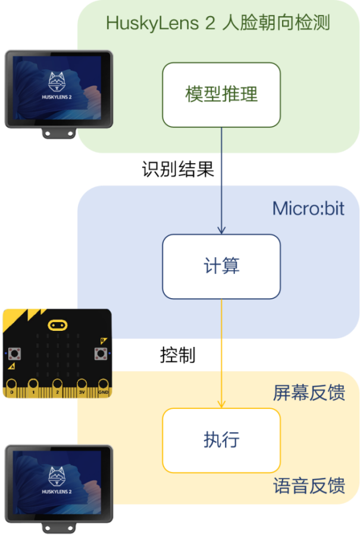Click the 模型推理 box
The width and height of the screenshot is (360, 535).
(x=221, y=95)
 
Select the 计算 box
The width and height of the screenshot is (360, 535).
(x=221, y=266)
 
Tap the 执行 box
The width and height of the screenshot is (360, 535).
(x=221, y=440)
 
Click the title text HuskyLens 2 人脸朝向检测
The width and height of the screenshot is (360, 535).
(x=218, y=23)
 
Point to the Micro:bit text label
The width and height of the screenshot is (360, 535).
(x=308, y=209)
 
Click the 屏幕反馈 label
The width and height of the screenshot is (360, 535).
(x=309, y=393)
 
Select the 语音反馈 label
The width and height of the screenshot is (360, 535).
(x=309, y=486)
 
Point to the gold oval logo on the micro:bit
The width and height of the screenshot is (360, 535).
(x=57, y=325)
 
